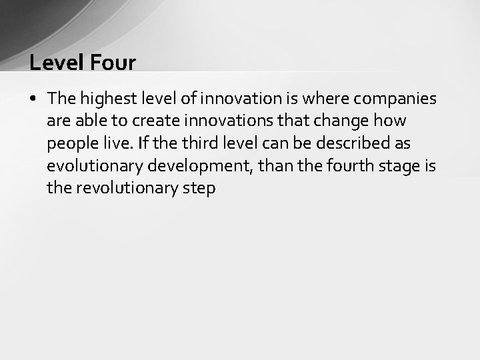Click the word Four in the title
click(x=113, y=63)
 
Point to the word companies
click(x=395, y=99)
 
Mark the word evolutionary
click(x=94, y=166)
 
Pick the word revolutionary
click(x=126, y=188)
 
